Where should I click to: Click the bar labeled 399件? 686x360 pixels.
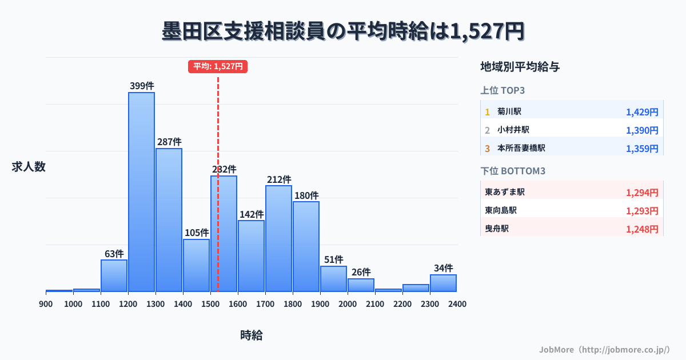(141, 191)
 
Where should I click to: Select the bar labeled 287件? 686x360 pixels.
(169, 220)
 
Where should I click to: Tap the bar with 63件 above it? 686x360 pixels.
(114, 275)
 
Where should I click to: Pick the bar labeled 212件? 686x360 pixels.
(278, 238)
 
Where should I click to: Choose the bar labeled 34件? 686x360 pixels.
(443, 283)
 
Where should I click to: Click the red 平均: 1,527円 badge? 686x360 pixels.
(218, 66)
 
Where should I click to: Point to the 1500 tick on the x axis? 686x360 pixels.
(210, 304)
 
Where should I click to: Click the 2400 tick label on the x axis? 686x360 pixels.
(457, 304)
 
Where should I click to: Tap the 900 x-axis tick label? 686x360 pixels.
(46, 304)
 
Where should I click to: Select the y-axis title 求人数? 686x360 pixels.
(29, 167)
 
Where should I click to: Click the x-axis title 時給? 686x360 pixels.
(252, 335)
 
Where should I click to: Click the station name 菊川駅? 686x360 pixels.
(509, 111)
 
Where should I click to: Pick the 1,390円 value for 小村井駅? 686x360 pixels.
(642, 130)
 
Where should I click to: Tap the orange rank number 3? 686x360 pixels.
(488, 149)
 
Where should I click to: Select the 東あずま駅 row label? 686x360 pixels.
(505, 192)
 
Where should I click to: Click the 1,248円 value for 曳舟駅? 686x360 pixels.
(642, 229)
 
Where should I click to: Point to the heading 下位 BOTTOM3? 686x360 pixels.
(516, 171)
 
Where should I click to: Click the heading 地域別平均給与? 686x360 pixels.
(520, 67)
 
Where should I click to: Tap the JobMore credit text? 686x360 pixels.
(604, 349)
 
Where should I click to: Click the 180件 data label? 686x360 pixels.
(306, 195)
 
